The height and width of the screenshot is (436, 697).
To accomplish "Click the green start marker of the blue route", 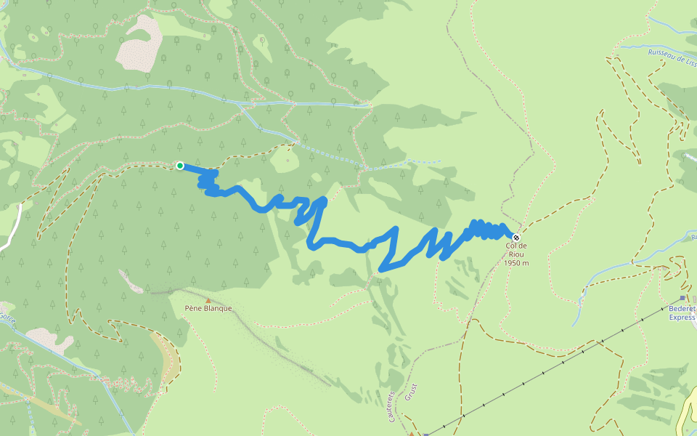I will click(x=179, y=166).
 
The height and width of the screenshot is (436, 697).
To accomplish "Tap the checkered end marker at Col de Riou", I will click(x=516, y=237).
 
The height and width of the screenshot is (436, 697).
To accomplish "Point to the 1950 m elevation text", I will click(x=516, y=262).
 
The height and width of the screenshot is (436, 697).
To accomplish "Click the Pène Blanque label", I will click(x=208, y=308).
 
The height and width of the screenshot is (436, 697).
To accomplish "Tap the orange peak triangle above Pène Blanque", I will click(x=208, y=299).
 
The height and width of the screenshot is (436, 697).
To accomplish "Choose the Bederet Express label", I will click(x=681, y=312).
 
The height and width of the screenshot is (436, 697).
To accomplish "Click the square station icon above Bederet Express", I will click(x=682, y=298).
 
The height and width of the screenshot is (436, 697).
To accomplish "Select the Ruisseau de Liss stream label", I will click(x=672, y=56).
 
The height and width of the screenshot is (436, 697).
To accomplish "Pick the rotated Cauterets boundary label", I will click(x=391, y=405).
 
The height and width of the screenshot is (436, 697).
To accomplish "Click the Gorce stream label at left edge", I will click(x=7, y=317).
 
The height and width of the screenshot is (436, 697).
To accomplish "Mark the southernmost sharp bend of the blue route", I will click(x=382, y=270).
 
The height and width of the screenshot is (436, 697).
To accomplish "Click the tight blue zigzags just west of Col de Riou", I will click(x=486, y=230).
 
